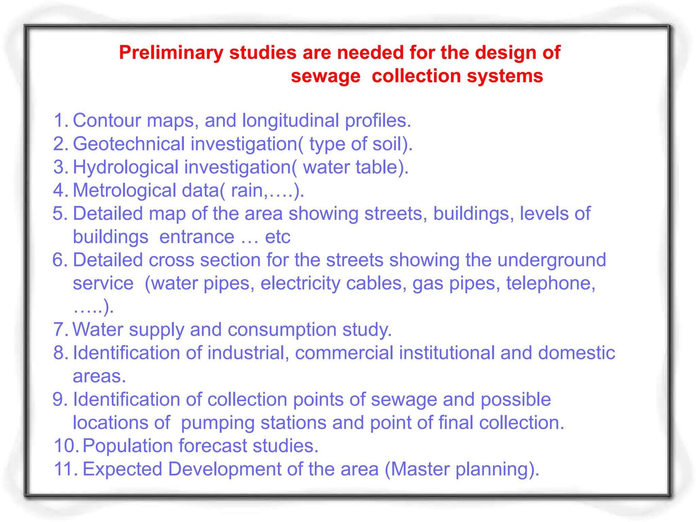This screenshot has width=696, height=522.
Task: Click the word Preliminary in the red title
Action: pyautogui.click(x=171, y=53)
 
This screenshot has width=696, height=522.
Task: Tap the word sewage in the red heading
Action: pyautogui.click(x=325, y=76)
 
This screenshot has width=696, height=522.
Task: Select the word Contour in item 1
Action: pyautogui.click(x=107, y=120)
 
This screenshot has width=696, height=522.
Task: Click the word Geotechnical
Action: pyautogui.click(x=129, y=144)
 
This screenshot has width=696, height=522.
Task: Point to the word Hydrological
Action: pyautogui.click(x=126, y=167)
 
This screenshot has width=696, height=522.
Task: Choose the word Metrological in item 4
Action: pyautogui.click(x=124, y=190)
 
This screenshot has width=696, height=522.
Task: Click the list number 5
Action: pyautogui.click(x=60, y=213)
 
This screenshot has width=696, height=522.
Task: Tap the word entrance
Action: pyautogui.click(x=197, y=237)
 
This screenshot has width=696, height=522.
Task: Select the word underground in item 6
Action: pyautogui.click(x=552, y=260)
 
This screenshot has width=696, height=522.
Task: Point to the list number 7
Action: pyautogui.click(x=59, y=330)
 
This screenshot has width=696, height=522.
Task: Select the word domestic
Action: pyautogui.click(x=576, y=353)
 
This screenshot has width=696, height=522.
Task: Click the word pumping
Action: pyautogui.click(x=217, y=423)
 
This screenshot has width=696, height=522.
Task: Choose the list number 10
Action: pyautogui.click(x=66, y=446)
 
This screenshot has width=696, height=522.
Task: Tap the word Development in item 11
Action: pyautogui.click(x=224, y=469)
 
